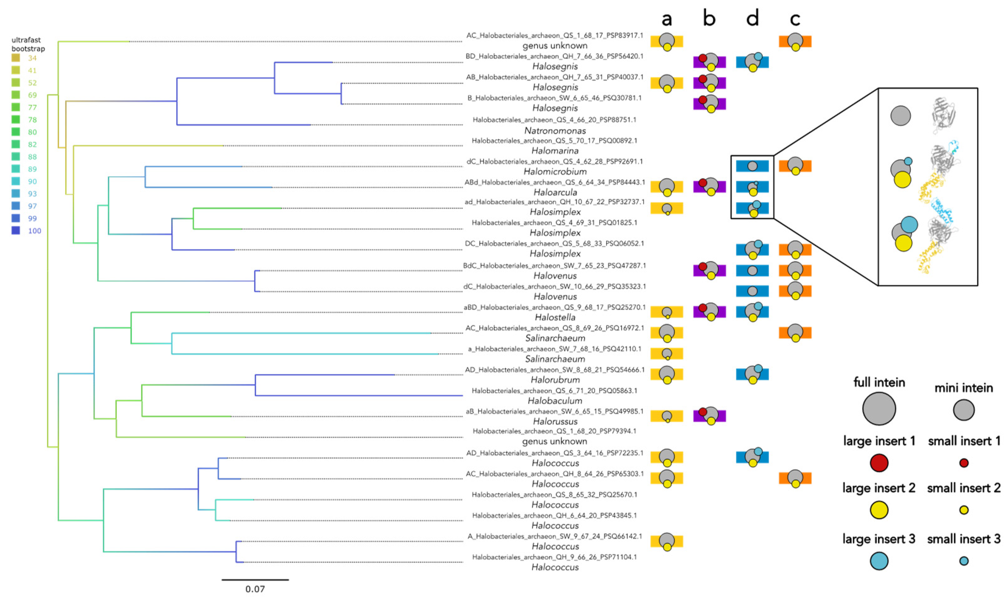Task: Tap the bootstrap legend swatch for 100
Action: tap(16, 231)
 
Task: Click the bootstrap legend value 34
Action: tap(32, 58)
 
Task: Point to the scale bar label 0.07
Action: tap(255, 589)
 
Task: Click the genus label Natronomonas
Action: tap(555, 131)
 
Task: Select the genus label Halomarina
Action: tap(555, 151)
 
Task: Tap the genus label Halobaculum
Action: tap(555, 401)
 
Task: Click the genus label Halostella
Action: tap(555, 317)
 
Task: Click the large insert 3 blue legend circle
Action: tap(879, 561)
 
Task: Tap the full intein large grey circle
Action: tap(879, 409)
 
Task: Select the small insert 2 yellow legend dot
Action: tap(964, 510)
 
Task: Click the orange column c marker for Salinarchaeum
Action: tap(795, 333)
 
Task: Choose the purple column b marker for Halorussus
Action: tap(709, 416)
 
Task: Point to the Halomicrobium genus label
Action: tap(555, 172)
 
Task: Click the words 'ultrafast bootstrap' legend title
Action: tap(28, 44)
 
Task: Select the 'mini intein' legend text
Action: tap(963, 388)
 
